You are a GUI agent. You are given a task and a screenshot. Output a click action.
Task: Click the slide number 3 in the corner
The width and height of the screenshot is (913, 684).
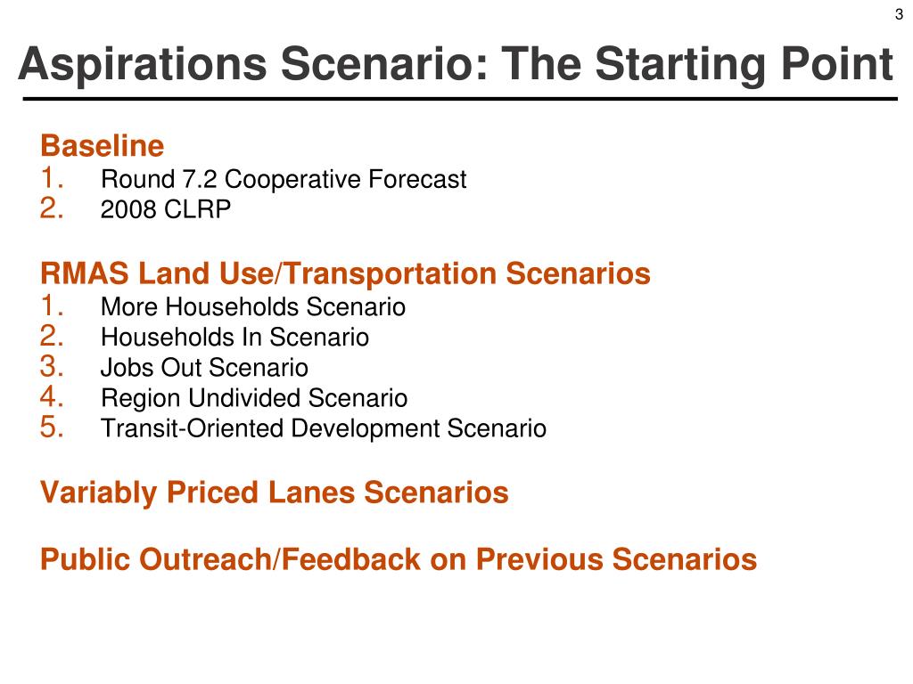(899, 14)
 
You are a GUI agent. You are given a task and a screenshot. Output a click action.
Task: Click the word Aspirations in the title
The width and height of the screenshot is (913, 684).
(143, 64)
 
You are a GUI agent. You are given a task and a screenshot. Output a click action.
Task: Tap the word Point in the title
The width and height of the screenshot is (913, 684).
(836, 63)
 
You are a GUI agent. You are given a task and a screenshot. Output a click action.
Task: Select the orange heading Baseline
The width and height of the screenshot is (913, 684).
(103, 145)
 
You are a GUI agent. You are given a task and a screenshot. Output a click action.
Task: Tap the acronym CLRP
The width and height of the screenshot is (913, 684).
(198, 209)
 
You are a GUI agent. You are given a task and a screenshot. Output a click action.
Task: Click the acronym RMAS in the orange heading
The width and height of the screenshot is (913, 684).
(85, 273)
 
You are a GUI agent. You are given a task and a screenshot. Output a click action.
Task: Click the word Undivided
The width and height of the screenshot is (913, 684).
(244, 398)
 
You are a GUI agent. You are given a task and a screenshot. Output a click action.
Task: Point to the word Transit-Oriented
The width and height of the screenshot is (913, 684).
(193, 428)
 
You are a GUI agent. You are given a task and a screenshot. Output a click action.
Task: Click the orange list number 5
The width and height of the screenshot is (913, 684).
(52, 427)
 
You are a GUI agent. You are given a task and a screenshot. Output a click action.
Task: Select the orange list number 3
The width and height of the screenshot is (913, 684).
(52, 367)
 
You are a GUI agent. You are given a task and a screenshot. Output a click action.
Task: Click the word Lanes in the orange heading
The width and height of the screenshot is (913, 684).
(311, 493)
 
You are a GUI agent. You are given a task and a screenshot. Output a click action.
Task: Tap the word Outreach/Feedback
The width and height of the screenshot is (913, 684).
(279, 559)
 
